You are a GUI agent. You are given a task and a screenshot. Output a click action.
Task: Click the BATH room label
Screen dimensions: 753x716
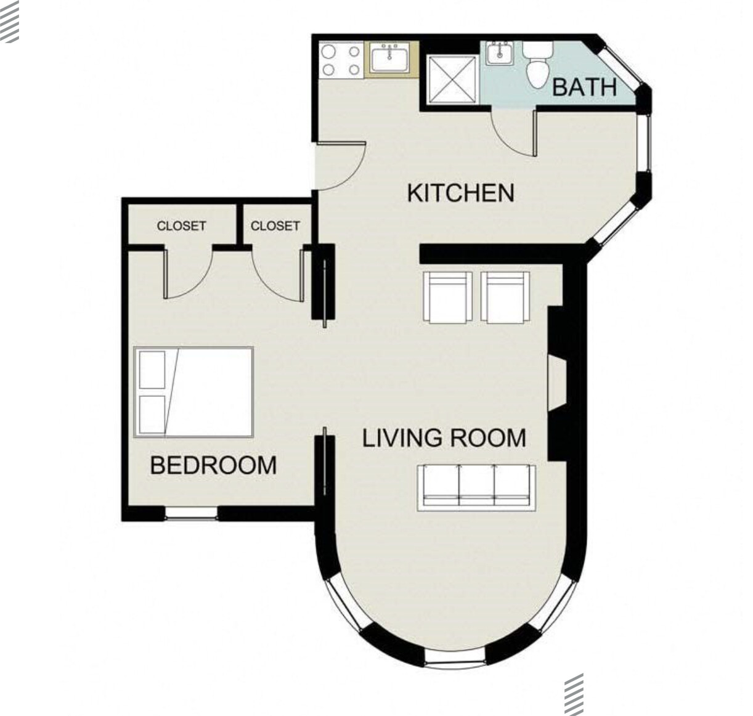584,87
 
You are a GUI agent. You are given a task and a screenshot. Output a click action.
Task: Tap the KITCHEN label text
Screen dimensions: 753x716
460,193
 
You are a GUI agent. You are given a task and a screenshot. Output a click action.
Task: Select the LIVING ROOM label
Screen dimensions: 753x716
444,438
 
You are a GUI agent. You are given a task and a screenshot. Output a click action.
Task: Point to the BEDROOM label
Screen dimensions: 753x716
213,465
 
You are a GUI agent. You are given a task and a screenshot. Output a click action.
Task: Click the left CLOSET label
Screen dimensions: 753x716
181,226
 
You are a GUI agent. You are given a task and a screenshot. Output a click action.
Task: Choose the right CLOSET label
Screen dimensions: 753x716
275,226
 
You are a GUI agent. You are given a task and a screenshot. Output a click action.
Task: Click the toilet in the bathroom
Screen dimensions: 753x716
538,64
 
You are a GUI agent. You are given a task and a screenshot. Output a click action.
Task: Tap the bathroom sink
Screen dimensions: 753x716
500,53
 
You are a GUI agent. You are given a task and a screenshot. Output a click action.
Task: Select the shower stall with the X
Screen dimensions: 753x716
452,79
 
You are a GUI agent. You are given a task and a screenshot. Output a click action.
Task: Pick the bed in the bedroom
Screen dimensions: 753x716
193,393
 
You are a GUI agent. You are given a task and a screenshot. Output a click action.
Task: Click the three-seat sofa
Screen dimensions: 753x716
476,487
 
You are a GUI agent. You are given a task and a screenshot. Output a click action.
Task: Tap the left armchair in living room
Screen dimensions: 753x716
447,298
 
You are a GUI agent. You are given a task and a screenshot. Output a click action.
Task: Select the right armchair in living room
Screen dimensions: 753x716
505,298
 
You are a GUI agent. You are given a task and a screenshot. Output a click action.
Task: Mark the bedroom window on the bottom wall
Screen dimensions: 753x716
192,513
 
